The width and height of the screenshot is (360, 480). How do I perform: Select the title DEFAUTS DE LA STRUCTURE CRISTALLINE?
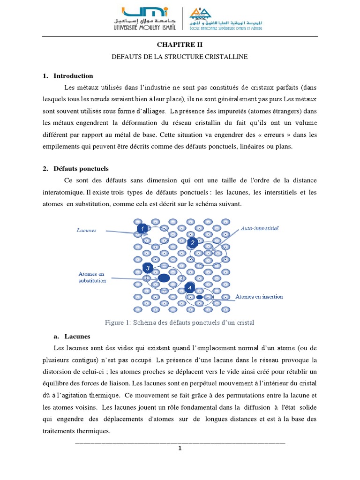(x=180, y=57)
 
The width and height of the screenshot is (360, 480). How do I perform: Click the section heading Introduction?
(x=73, y=76)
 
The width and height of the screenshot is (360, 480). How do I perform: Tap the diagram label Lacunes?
(x=87, y=230)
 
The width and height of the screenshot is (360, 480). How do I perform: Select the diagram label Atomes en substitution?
(x=92, y=277)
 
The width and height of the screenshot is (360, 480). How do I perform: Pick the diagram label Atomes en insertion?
(x=259, y=297)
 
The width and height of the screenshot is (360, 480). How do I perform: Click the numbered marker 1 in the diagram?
(x=142, y=228)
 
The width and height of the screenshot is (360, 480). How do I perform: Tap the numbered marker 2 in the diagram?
(x=192, y=242)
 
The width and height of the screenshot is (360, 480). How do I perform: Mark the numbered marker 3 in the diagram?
(x=148, y=268)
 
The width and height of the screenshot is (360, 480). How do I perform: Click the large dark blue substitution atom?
(x=164, y=278)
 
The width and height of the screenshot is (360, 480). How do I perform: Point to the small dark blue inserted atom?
(x=199, y=297)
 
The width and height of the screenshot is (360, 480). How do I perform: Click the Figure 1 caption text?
(x=180, y=323)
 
